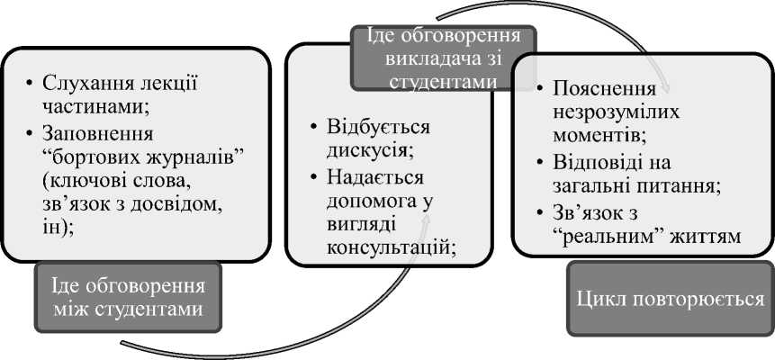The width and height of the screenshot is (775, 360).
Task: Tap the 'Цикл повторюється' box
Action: (670, 298)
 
